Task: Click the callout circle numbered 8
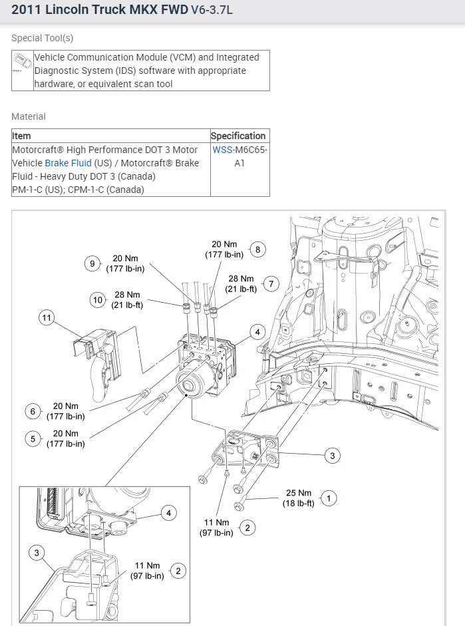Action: [257, 250]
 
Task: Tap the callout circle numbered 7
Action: [270, 284]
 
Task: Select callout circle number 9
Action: [93, 263]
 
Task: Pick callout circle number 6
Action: [33, 411]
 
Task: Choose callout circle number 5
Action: [33, 438]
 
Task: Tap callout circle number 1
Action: [327, 497]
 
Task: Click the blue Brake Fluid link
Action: [68, 163]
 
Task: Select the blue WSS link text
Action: [222, 150]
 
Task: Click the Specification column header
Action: [238, 136]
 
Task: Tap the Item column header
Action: [21, 136]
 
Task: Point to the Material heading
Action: [29, 116]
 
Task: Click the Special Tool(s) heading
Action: [43, 38]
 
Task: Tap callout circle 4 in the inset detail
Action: [169, 512]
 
